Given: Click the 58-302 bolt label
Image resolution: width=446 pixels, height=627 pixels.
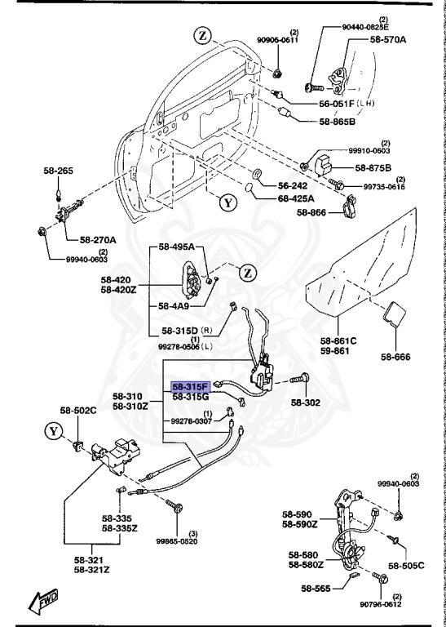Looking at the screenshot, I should tap(308, 402).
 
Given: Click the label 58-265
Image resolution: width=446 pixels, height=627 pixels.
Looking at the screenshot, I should tap(59, 171).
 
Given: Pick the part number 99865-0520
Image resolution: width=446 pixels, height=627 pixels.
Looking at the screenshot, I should tap(176, 540).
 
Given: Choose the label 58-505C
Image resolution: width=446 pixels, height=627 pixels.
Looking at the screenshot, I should tap(406, 565).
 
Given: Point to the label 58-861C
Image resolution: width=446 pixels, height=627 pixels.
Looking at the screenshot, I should tap(338, 340).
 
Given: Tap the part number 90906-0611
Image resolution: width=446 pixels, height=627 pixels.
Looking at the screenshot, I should tap(278, 40).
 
